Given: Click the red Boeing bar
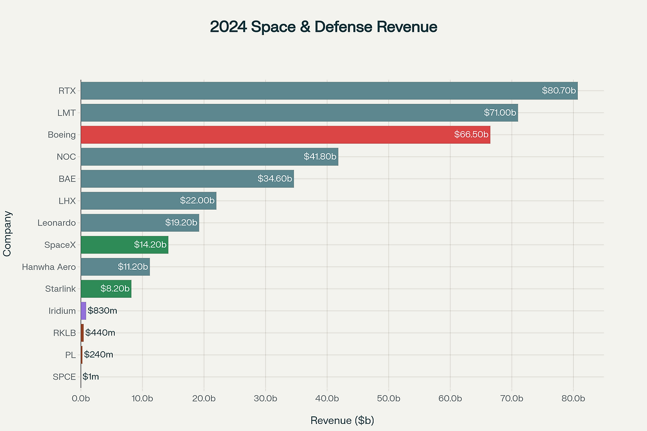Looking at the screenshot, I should click(285, 135).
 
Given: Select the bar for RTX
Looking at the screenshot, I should click(329, 91).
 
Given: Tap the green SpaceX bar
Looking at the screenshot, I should click(124, 245).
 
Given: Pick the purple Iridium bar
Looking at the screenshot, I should click(83, 311).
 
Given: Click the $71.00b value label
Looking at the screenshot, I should click(500, 113).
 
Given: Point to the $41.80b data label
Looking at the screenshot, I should click(320, 157).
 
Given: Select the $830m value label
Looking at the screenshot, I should click(103, 311).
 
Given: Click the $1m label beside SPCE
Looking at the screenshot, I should click(91, 376).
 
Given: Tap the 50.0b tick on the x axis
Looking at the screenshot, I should click(389, 399).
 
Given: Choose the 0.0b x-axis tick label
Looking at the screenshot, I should click(81, 399).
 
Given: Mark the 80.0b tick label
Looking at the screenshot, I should click(573, 399).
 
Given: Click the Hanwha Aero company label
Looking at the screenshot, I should click(49, 267).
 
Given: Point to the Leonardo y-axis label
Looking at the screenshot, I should click(57, 223).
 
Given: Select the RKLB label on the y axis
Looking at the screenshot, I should click(64, 332).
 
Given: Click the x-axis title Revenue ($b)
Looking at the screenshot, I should click(342, 420).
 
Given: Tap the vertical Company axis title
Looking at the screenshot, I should click(7, 233).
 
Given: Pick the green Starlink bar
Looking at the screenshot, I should click(106, 289).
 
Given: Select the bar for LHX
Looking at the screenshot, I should click(149, 201).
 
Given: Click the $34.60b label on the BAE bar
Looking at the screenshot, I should click(275, 179).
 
